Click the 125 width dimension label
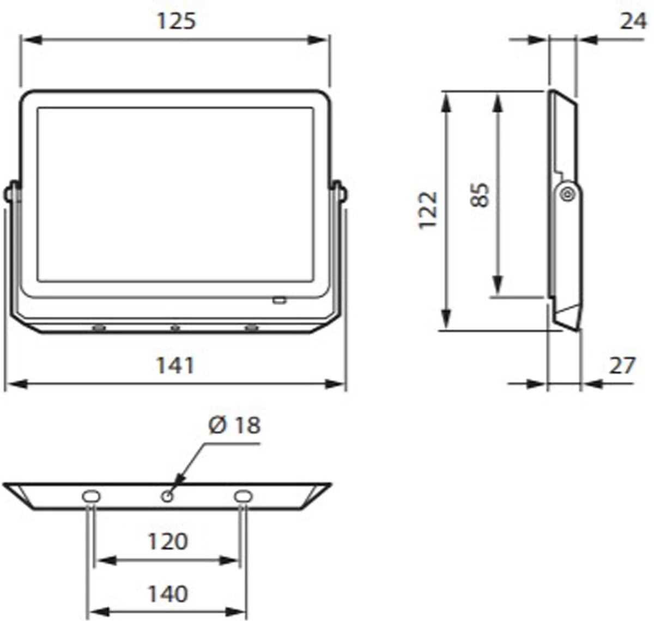[x=176, y=21]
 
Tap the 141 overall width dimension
[x=175, y=365]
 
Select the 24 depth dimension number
[x=633, y=21]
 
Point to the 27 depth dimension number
[x=622, y=365]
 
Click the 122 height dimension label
[x=428, y=210]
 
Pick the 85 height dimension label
[x=480, y=195]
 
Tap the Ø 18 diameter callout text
[x=234, y=425]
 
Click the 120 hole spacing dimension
[x=168, y=542]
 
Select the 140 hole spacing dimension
[x=168, y=594]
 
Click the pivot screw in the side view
[x=566, y=194]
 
